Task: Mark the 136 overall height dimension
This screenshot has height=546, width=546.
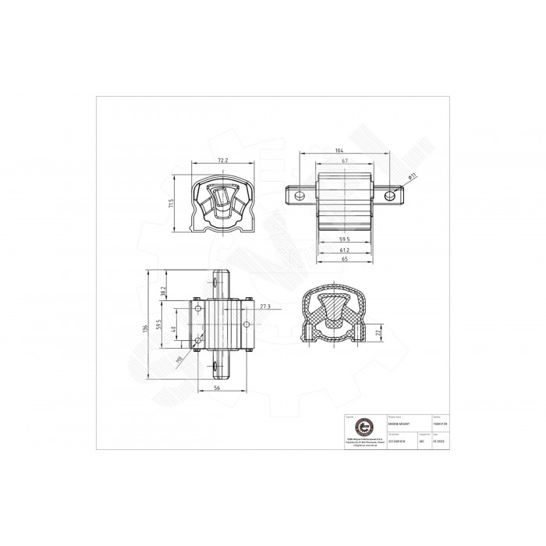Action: pyautogui.click(x=146, y=329)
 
